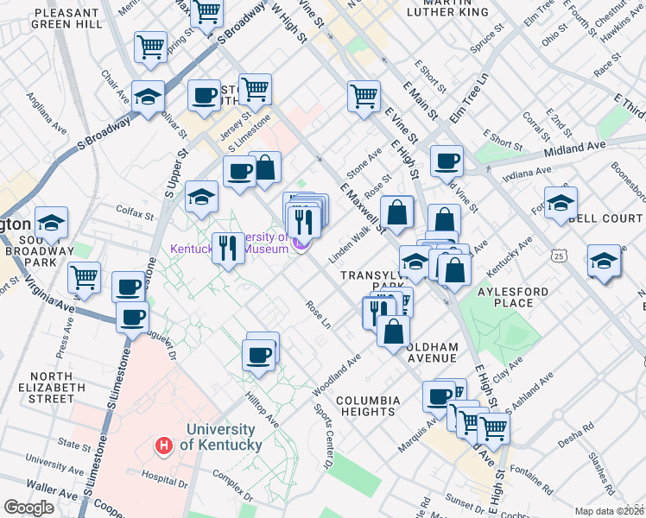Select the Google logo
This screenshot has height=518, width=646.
28,508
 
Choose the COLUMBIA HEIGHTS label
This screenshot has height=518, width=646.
368,406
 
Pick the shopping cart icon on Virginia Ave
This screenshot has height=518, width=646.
84,277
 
